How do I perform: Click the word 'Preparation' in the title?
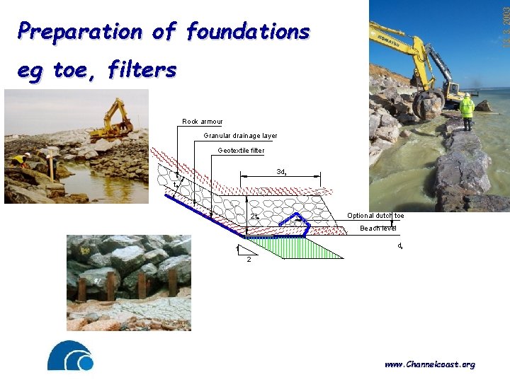point(80,32)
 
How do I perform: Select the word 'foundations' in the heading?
point(247,32)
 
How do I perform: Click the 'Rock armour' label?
point(202,122)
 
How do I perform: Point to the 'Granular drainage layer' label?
point(240,136)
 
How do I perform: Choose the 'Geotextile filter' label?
point(241,150)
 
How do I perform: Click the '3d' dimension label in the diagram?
point(280,172)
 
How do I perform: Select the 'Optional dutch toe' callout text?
point(375,215)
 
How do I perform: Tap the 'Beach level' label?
point(378,228)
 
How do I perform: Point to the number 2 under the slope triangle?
point(248,260)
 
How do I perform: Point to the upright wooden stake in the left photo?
point(51,167)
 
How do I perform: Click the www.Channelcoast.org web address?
point(429,364)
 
